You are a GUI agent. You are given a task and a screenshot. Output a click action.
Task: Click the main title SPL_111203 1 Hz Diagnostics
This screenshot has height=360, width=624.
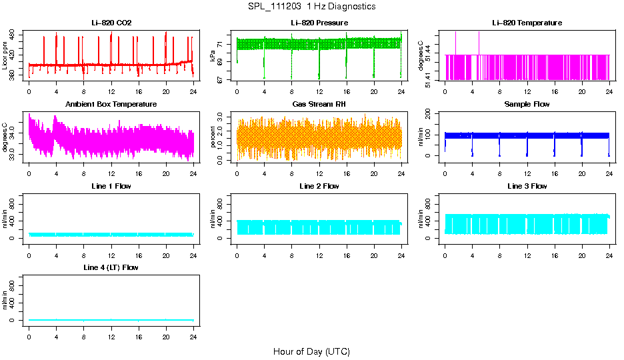coord(311,7)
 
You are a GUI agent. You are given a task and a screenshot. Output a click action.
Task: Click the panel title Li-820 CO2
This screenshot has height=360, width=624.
coord(111,23)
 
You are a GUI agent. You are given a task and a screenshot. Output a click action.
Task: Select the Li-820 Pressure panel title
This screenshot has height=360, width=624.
coord(319,23)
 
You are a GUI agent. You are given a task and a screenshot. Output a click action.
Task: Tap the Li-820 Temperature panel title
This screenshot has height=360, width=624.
coord(527,23)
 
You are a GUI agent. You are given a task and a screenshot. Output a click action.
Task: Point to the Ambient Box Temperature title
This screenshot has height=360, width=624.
coord(111,105)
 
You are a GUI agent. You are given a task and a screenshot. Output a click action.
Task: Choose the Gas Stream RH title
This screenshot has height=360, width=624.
coord(319,105)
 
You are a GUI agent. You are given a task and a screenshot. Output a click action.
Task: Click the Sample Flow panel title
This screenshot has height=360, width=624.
coord(527,105)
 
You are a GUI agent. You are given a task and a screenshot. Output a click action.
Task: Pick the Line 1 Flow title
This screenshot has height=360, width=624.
coord(111,186)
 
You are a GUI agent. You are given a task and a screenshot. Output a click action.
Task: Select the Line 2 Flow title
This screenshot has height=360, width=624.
coord(319,186)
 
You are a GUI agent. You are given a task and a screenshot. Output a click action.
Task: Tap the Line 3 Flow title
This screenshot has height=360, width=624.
coord(527,186)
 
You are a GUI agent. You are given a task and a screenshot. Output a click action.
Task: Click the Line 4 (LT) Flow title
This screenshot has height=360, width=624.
coord(111,267)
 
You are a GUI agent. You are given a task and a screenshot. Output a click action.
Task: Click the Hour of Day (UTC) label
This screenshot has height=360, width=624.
coord(311,351)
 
